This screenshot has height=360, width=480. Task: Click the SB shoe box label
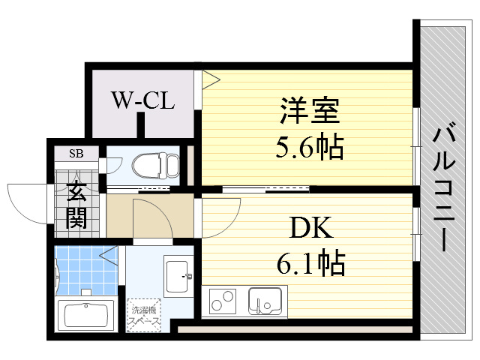tap(76, 154)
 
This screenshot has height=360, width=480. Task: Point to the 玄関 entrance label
tap(76, 205)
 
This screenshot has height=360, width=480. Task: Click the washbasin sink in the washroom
tap(178, 275)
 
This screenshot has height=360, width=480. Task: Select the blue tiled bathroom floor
tap(84, 270)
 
